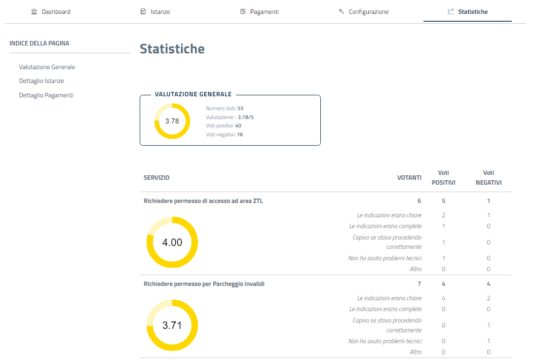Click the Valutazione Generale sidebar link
[47, 67]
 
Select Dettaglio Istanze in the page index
[41, 81]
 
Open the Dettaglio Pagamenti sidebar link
[46, 95]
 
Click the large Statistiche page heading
[172, 49]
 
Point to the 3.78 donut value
[172, 121]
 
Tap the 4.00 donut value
[172, 242]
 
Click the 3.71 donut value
[172, 325]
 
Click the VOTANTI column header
[409, 178]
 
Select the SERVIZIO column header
[156, 178]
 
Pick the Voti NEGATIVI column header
[488, 178]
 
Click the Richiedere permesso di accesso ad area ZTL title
[203, 201]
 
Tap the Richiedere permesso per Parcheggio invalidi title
[204, 284]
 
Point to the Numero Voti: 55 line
[225, 108]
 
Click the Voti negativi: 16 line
[224, 134]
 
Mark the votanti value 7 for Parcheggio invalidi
[419, 284]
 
